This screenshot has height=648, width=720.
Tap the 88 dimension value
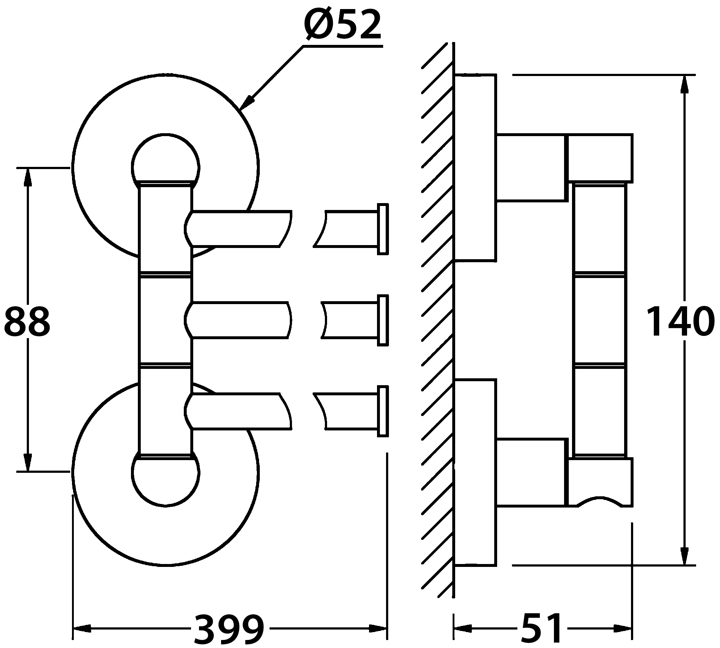tap(27, 321)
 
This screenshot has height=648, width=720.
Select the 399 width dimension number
tap(229, 629)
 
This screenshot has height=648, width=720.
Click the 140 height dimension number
tap(680, 321)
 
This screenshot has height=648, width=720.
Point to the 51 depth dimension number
tap(542, 629)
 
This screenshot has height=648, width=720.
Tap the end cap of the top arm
tap(382, 229)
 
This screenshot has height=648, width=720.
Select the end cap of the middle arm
tap(382, 320)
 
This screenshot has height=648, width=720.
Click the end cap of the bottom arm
tap(382, 411)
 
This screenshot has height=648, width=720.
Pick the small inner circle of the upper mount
tap(165, 159)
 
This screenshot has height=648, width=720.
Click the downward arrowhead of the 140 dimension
tap(684, 556)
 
